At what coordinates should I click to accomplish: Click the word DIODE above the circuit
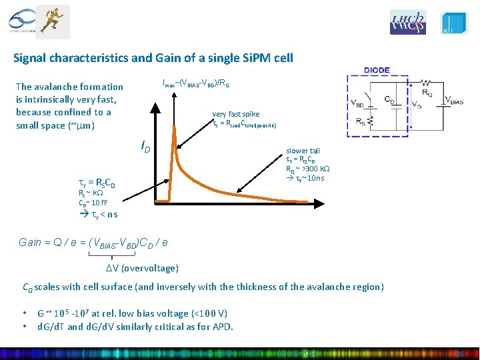377,70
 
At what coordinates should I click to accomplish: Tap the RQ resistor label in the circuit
426,92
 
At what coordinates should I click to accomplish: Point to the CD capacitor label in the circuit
391,99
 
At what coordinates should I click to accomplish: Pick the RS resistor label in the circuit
361,122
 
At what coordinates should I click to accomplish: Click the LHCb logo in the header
408,22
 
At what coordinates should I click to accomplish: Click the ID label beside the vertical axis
145,145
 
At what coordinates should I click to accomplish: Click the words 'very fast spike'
236,114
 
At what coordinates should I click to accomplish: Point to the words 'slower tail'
303,151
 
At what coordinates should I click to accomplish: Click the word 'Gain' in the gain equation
31,243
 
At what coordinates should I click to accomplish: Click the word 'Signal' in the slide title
31,58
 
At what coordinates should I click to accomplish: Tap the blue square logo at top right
455,23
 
